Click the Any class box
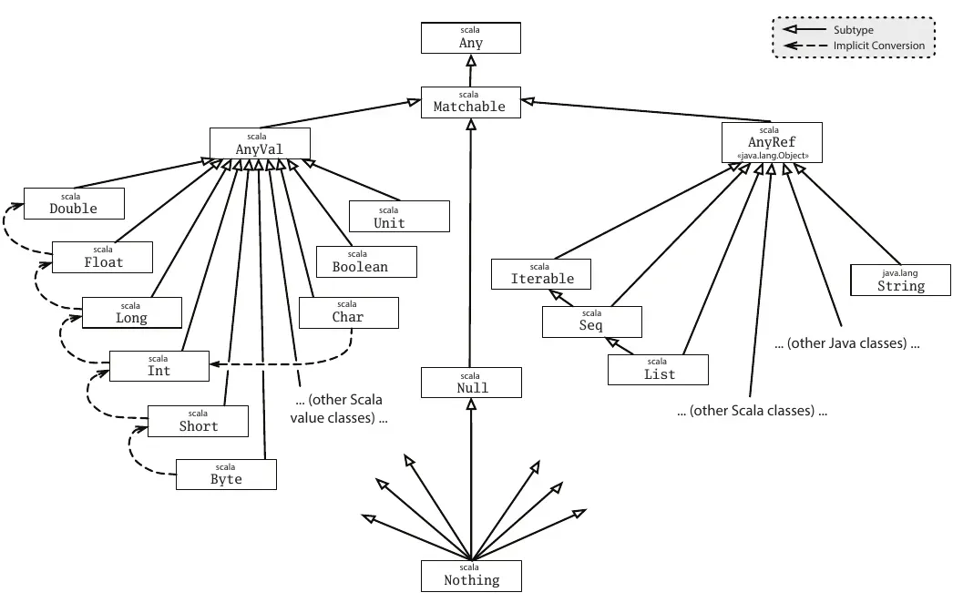pyautogui.click(x=470, y=38)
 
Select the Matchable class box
pyautogui.click(x=470, y=102)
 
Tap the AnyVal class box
pyautogui.click(x=260, y=143)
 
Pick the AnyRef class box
pyautogui.click(x=772, y=143)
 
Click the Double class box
pyautogui.click(x=73, y=203)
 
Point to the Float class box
pyautogui.click(x=102, y=257)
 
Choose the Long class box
pyautogui.click(x=131, y=312)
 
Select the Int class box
pyautogui.click(x=159, y=365)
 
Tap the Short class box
pyautogui.click(x=198, y=421)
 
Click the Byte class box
pyautogui.click(x=226, y=474)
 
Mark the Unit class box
pyautogui.click(x=399, y=217)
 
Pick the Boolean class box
pyautogui.click(x=367, y=261)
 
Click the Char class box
pyautogui.click(x=348, y=312)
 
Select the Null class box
pyautogui.click(x=471, y=383)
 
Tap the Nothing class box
pyautogui.click(x=472, y=575)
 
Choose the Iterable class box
pyautogui.click(x=542, y=273)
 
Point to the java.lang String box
pyautogui.click(x=900, y=280)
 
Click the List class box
pyautogui.click(x=659, y=369)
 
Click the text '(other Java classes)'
pyautogui.click(x=846, y=344)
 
